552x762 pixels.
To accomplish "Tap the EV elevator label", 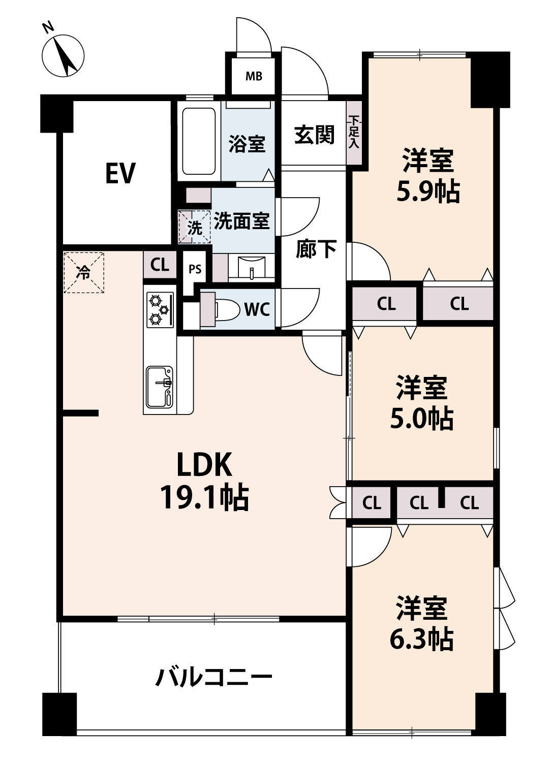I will (x=120, y=173).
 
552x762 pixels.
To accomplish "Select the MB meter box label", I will (x=254, y=77).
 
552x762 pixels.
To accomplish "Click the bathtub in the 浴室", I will (x=199, y=143).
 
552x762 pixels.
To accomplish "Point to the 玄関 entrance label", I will (x=314, y=135).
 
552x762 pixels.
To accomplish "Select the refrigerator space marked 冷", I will (x=83, y=272).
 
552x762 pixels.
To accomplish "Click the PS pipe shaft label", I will (x=195, y=269).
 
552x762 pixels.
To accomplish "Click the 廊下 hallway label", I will (x=316, y=250).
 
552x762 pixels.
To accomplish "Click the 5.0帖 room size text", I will (x=421, y=420).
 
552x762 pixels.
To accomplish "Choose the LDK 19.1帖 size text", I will (x=204, y=498).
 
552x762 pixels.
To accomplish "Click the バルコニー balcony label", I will (x=213, y=677).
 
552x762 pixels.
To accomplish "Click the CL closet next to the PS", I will (x=160, y=265).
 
